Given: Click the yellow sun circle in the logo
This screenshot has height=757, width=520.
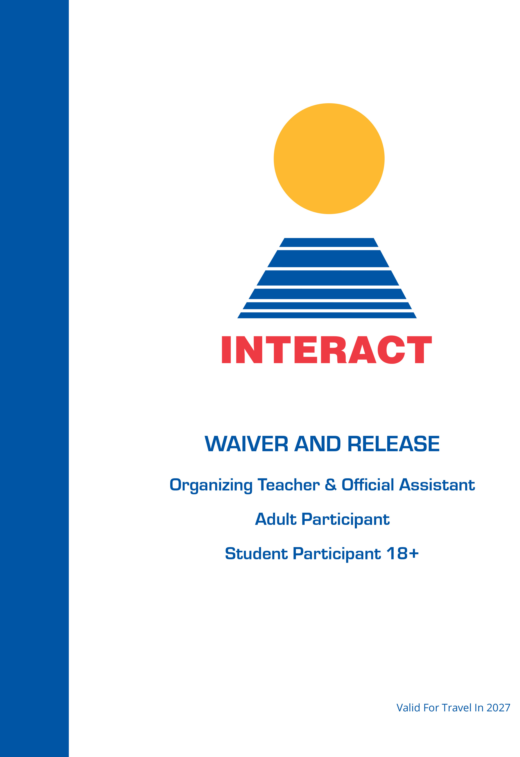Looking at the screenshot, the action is click(329, 159).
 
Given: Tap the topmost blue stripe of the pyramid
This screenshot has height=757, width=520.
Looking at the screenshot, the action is click(329, 242).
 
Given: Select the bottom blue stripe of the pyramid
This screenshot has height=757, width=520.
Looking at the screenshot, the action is click(327, 315).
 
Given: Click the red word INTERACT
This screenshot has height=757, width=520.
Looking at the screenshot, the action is click(327, 350).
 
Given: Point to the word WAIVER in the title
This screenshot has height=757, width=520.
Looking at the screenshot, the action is click(246, 444).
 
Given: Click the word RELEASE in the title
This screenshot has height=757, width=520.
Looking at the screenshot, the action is click(394, 444).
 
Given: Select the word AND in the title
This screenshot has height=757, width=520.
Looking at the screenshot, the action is click(318, 444).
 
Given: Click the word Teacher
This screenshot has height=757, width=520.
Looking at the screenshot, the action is click(289, 485).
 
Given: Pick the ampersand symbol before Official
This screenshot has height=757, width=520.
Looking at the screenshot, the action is click(330, 485).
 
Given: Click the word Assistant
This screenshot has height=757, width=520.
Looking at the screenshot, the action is click(437, 485).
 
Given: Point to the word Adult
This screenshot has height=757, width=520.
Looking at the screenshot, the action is click(276, 519).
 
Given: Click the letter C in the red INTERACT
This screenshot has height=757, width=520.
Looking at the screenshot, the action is click(391, 350).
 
